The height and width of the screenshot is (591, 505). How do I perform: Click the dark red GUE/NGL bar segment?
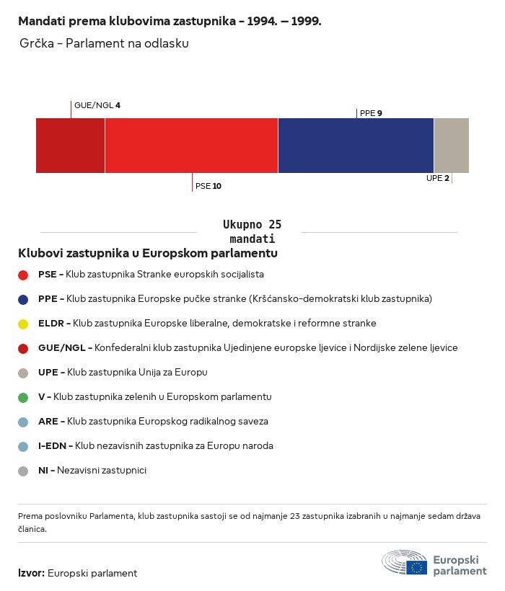[x=70, y=146]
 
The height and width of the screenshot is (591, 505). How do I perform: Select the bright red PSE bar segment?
[x=191, y=146]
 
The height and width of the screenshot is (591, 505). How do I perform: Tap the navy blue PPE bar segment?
[x=356, y=146]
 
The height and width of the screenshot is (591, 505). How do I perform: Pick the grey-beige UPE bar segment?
[x=451, y=146]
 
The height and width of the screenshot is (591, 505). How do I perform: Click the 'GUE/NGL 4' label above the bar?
[x=97, y=105]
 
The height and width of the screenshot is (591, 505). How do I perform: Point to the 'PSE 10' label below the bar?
[x=208, y=186]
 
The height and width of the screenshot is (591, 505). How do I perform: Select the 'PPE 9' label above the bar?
[x=371, y=113]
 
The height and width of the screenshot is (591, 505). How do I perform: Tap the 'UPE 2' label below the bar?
[x=438, y=178]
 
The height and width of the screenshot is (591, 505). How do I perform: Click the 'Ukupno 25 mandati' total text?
[x=252, y=231]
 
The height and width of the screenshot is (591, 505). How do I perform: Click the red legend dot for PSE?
[x=23, y=275]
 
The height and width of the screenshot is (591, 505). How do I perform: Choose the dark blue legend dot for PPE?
[x=23, y=299]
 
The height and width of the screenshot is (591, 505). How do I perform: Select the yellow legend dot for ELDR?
[x=23, y=324]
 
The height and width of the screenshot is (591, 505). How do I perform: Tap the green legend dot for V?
[x=23, y=397]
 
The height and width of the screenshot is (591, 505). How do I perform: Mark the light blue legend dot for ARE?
[x=23, y=422]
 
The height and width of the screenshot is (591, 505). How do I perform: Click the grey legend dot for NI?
[x=23, y=471]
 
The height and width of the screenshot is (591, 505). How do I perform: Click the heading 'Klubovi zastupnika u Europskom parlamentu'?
[x=148, y=253]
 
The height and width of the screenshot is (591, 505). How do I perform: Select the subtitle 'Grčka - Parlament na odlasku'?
[x=105, y=44]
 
